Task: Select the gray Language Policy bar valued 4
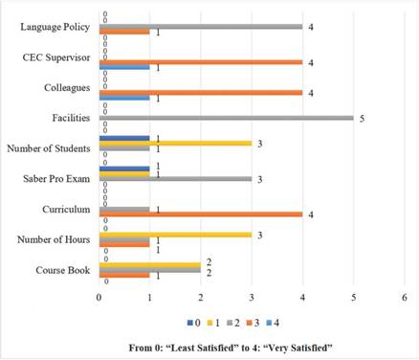point(201,27)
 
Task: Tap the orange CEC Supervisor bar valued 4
point(201,62)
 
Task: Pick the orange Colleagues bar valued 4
point(201,93)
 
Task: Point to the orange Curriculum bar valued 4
point(201,214)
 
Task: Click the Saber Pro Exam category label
point(60,179)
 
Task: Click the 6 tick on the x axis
point(405,298)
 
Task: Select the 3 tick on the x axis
point(252,298)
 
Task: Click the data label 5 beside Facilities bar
point(362,118)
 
